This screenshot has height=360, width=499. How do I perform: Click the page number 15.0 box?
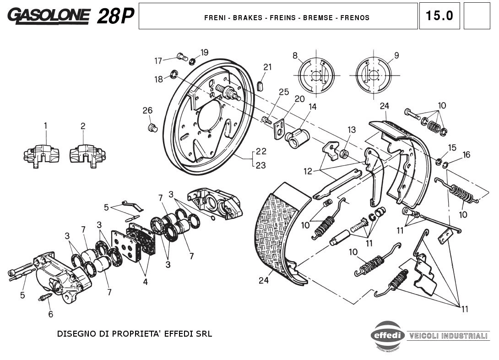point(439,16)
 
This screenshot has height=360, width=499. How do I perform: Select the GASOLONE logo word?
point(49,16)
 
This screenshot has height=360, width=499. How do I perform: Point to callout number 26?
point(147,110)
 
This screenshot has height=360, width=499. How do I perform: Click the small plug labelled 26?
point(153,127)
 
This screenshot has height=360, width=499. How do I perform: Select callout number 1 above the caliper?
point(46,125)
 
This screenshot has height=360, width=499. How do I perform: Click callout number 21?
point(267,67)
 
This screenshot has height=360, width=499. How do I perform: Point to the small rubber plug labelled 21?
point(261,85)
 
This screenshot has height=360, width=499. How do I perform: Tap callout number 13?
point(351,130)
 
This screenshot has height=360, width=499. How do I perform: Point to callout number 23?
point(260,166)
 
